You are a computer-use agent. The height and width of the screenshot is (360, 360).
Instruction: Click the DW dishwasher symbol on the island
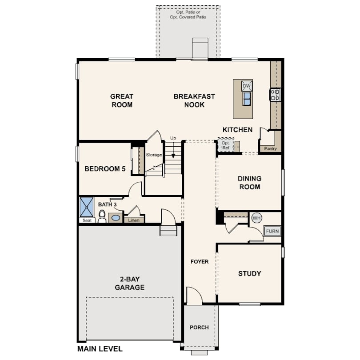pyautogui.click(x=247, y=86)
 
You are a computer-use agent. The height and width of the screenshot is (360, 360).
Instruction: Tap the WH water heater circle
pyautogui.click(x=256, y=218)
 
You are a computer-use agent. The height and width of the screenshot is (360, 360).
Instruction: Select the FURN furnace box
pyautogui.click(x=272, y=231)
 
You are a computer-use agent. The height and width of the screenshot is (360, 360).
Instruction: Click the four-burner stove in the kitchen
pyautogui.click(x=275, y=95)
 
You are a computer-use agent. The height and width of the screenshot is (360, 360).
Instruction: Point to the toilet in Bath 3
pyautogui.click(x=102, y=216)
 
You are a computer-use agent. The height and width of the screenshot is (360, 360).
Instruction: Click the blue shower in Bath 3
pyautogui.click(x=86, y=207)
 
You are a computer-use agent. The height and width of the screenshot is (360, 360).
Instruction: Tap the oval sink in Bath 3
pyautogui.click(x=115, y=218)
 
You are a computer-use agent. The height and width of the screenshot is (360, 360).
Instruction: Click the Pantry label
pyautogui.click(x=270, y=148)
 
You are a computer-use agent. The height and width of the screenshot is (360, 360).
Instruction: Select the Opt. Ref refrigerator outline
pyautogui.click(x=226, y=145)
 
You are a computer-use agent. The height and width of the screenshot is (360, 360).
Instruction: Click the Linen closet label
pyautogui.click(x=134, y=220)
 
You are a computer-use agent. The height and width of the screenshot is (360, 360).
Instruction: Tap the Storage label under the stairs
pyautogui.click(x=154, y=155)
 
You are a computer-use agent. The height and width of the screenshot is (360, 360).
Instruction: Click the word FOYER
pyautogui.click(x=200, y=261)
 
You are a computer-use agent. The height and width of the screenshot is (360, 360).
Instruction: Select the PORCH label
pyautogui.click(x=199, y=327)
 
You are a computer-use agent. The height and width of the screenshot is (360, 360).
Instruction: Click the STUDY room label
pyautogui.click(x=250, y=273)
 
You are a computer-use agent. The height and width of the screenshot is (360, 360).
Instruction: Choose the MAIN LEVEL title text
pyautogui.click(x=100, y=349)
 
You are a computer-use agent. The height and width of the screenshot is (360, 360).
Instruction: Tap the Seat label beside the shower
pyautogui.click(x=87, y=220)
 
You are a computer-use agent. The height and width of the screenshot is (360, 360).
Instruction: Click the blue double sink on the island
pyautogui.click(x=247, y=99)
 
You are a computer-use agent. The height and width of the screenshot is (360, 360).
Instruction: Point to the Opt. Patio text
pyautogui.click(x=188, y=12)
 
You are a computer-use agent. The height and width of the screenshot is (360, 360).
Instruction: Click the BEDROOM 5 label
pyautogui.click(x=105, y=169)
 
